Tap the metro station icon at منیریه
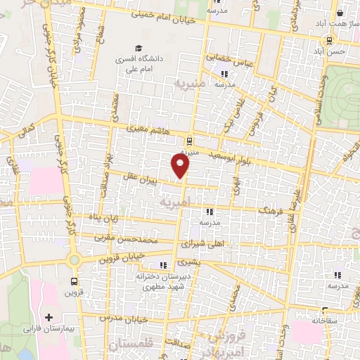pos(191,139)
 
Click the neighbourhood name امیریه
pos(176,202)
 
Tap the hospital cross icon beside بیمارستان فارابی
pos(49,319)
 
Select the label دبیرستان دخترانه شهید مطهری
pos(164,281)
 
